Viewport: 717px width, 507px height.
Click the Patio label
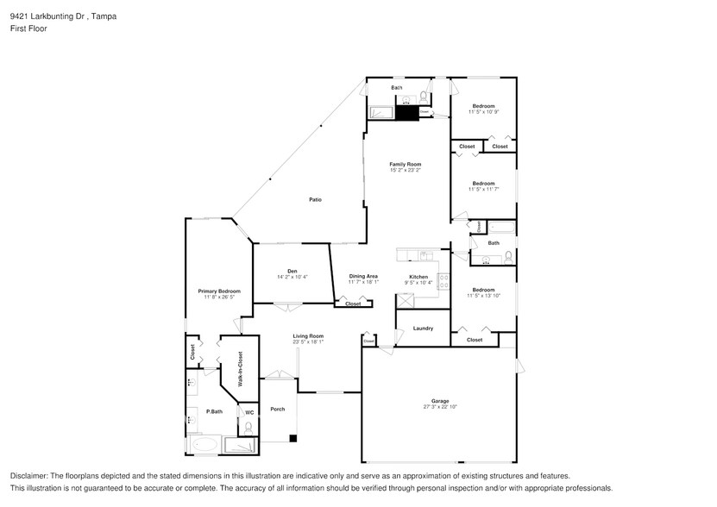(x=316, y=200)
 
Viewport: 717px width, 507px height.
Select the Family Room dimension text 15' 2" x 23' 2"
(x=405, y=170)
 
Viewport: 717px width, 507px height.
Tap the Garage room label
(x=441, y=401)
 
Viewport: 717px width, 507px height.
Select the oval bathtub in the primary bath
(x=204, y=446)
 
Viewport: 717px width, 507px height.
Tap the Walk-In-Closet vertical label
(x=240, y=367)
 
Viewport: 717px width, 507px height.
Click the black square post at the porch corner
(x=293, y=440)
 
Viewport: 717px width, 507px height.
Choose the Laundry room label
(x=423, y=329)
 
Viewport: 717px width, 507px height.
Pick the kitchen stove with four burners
(x=444, y=280)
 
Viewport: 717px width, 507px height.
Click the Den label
(x=292, y=271)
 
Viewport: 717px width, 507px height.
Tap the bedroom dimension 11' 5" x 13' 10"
(x=483, y=296)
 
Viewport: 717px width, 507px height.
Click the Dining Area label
(x=363, y=276)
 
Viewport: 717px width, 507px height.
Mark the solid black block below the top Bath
(x=407, y=113)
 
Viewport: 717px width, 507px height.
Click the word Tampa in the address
(x=104, y=16)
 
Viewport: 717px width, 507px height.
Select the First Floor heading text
(x=29, y=28)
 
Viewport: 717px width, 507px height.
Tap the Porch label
(x=277, y=409)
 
